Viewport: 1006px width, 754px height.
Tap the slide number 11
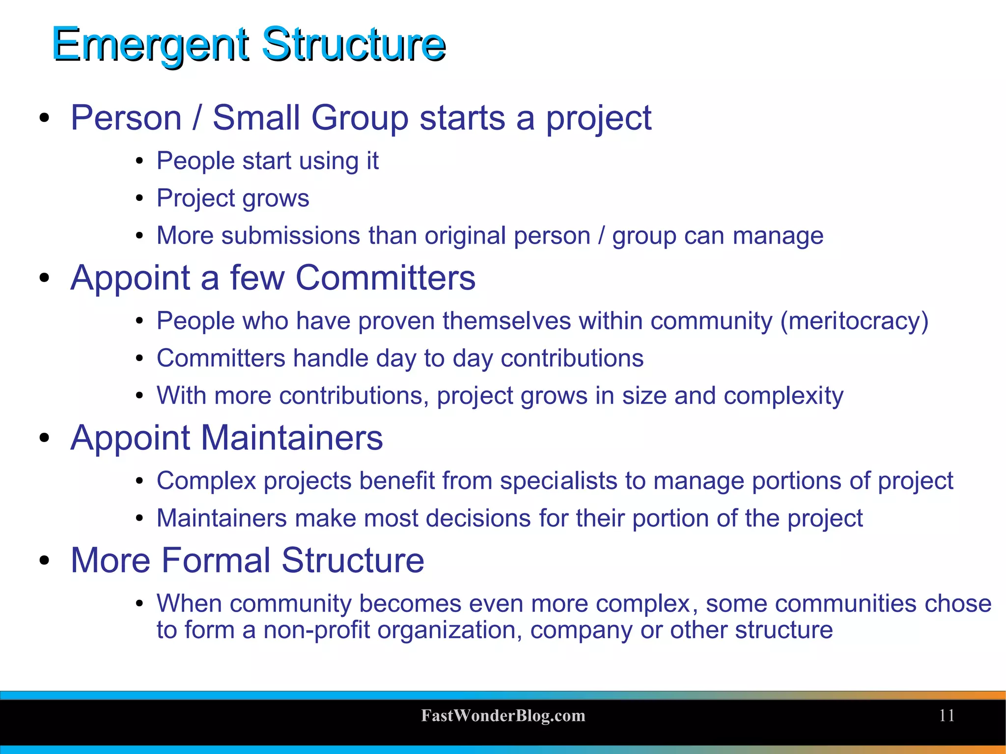[x=947, y=716]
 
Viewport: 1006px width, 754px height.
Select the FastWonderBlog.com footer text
[x=503, y=716]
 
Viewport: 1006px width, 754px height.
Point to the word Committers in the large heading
[x=385, y=278]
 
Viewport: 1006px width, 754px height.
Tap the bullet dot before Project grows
[x=140, y=198]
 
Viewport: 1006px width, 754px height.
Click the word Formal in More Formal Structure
[x=216, y=560]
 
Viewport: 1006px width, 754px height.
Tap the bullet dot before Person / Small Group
[x=45, y=118]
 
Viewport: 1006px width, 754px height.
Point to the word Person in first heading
[x=126, y=118]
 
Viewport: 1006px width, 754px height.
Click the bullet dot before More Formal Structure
[x=45, y=561]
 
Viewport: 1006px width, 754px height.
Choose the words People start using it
[x=267, y=161]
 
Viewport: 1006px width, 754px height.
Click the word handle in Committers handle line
[x=330, y=359]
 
